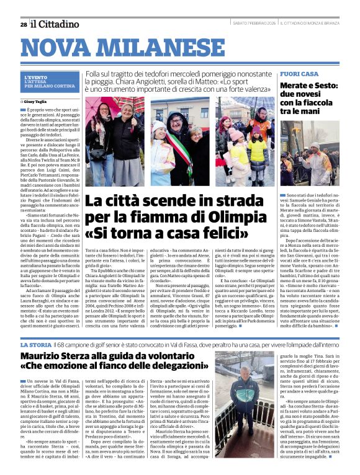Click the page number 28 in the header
pos(24,24)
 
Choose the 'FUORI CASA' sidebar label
pos(299,74)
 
